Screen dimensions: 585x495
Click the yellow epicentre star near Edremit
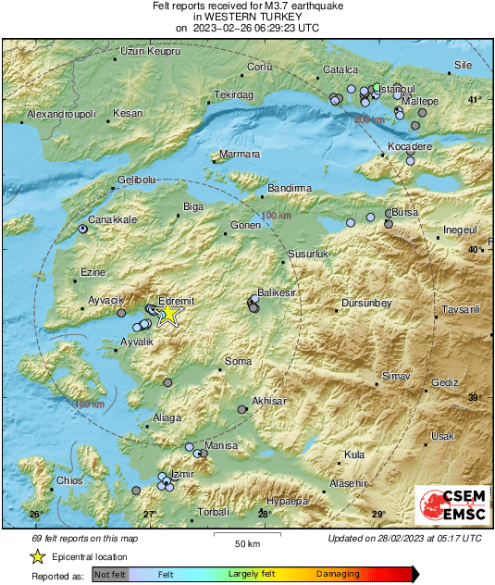click(x=168, y=314)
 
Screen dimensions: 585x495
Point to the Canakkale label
click(x=114, y=219)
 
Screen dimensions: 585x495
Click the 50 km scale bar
click(x=245, y=536)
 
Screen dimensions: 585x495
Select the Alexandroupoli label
click(x=61, y=113)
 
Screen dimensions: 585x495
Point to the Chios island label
click(x=69, y=480)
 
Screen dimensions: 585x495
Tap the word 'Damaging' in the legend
click(x=338, y=575)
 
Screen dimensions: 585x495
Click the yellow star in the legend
click(x=37, y=556)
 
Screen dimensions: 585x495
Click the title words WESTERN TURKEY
click(x=247, y=17)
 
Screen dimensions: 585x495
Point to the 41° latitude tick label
click(x=474, y=100)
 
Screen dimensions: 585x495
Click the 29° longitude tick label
click(x=377, y=514)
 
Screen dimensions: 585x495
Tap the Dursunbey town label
click(x=367, y=303)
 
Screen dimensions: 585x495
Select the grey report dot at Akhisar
click(x=242, y=408)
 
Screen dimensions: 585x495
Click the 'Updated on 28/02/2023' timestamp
click(x=404, y=538)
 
